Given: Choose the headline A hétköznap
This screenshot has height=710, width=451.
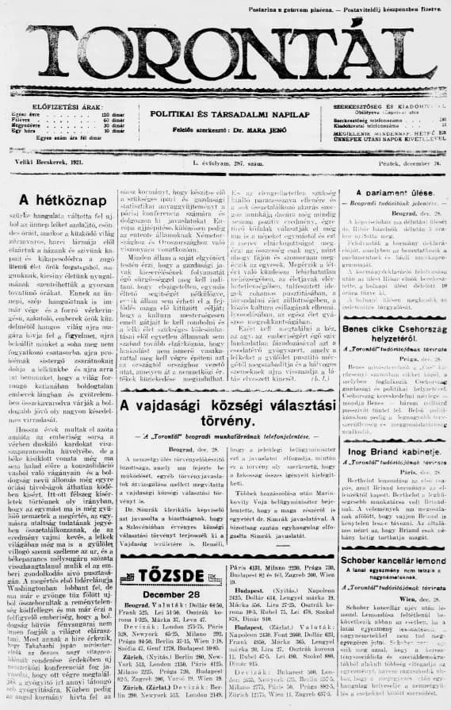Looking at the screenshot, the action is click(63, 200).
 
